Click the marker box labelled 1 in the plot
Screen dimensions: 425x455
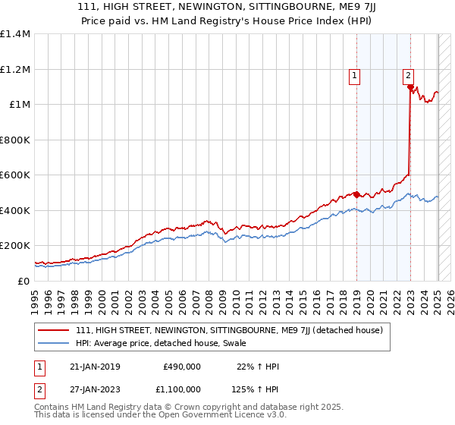pyautogui.click(x=354, y=74)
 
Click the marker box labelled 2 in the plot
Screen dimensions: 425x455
pyautogui.click(x=408, y=74)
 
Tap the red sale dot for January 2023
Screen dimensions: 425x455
pyautogui.click(x=410, y=87)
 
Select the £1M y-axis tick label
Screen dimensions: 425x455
pyautogui.click(x=19, y=105)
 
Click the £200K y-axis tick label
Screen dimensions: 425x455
pyautogui.click(x=15, y=246)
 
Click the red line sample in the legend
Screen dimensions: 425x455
pyautogui.click(x=53, y=330)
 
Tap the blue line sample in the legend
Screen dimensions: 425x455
pyautogui.click(x=53, y=343)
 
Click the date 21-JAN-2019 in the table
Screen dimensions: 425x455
pyautogui.click(x=95, y=367)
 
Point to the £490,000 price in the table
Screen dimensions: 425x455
pyautogui.click(x=182, y=367)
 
